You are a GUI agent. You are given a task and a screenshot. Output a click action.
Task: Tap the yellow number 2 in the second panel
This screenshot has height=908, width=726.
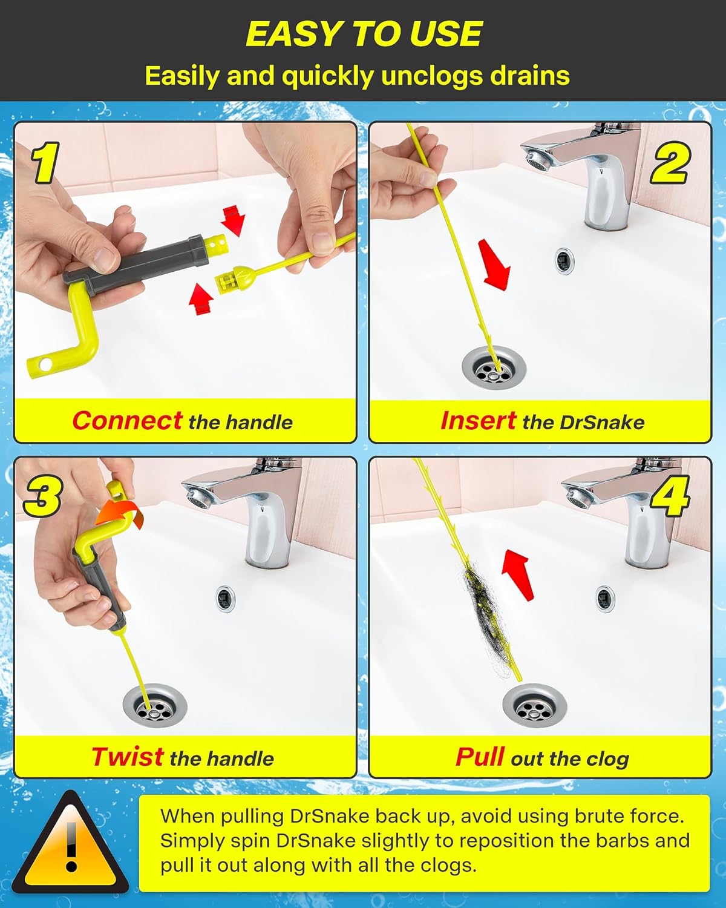tap(671, 162)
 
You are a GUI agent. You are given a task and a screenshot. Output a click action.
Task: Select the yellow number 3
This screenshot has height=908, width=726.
tap(42, 495)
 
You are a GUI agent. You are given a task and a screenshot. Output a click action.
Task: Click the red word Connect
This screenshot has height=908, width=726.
tap(127, 421)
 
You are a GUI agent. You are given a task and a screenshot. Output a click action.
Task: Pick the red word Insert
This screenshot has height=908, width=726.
tap(478, 421)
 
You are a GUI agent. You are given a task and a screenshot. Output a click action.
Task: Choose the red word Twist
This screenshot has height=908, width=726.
tap(128, 757)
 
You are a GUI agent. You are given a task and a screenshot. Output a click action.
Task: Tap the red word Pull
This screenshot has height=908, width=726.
tap(480, 757)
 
